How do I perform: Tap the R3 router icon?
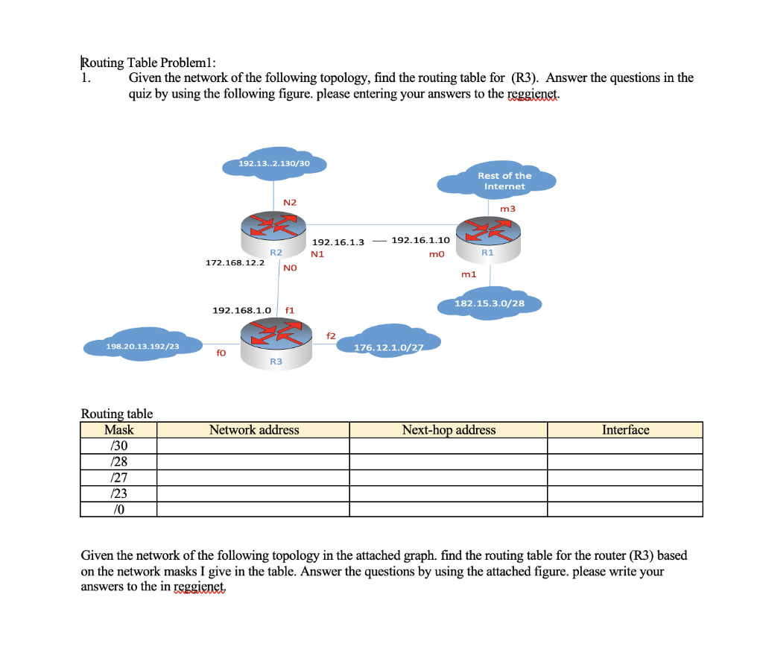pyautogui.click(x=276, y=339)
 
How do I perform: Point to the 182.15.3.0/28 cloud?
pyautogui.click(x=490, y=303)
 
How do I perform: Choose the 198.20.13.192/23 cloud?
pyautogui.click(x=142, y=346)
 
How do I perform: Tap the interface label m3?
pyautogui.click(x=507, y=209)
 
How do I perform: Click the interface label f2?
pyautogui.click(x=331, y=335)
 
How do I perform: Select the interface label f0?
pyautogui.click(x=221, y=354)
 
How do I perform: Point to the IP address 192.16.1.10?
pyautogui.click(x=420, y=241)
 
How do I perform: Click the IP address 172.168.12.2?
pyautogui.click(x=234, y=263)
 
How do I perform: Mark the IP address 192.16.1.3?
pyautogui.click(x=338, y=242)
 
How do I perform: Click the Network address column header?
pyautogui.click(x=253, y=430)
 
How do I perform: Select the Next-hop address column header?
pyautogui.click(x=449, y=430)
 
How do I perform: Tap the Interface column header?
pyautogui.click(x=625, y=430)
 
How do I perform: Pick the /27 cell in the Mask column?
pyautogui.click(x=118, y=478)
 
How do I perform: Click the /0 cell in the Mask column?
pyautogui.click(x=118, y=509)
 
